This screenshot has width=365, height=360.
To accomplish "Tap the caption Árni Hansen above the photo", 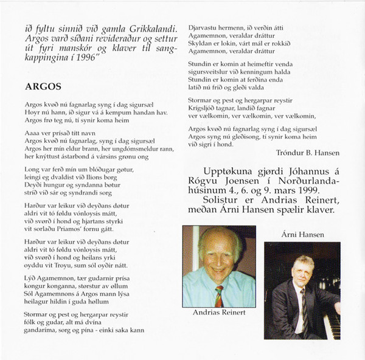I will pos(304,234).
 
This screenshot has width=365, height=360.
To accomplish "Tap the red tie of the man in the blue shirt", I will pos(218,296).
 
